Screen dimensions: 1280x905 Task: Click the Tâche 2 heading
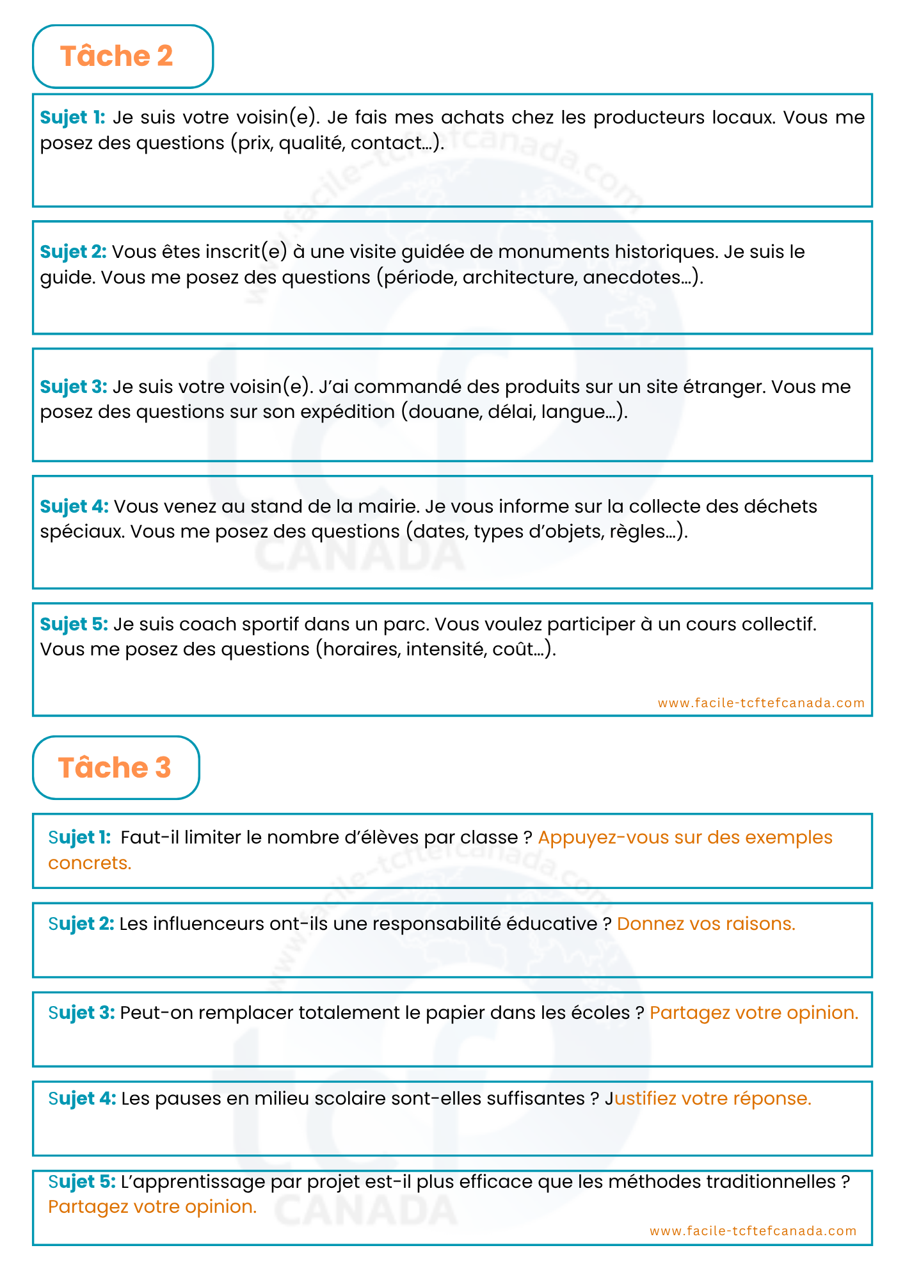116,56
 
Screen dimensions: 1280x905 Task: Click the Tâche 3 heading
115,767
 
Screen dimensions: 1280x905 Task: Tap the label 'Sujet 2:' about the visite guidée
73,252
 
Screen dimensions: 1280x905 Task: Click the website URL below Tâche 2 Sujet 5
761,703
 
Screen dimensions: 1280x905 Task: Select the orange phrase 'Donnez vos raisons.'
706,924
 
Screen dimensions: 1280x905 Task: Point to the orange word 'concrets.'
90,863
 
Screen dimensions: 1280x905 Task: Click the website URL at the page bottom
753,1231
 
